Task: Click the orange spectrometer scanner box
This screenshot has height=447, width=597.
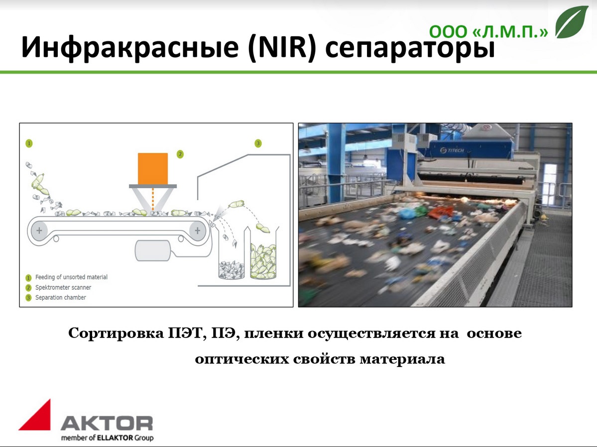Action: tap(153, 169)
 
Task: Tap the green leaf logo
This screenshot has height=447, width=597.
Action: tap(572, 22)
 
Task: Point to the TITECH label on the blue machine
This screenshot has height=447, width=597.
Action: tap(452, 150)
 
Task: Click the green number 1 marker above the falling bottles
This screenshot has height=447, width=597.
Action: tap(29, 143)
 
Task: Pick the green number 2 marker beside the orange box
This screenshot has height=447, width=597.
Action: tap(180, 154)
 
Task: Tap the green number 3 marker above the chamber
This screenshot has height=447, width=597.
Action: tap(258, 143)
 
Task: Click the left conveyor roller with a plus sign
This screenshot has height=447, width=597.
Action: tap(39, 230)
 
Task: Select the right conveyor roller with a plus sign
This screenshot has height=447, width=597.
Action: tap(197, 230)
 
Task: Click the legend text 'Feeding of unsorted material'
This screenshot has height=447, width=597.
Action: tap(71, 277)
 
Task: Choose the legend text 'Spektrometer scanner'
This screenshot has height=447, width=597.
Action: tap(63, 288)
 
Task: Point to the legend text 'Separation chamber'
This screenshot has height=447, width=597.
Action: tap(61, 297)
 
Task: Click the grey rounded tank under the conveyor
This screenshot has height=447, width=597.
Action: tap(153, 250)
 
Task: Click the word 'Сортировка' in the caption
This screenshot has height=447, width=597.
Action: tap(118, 334)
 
